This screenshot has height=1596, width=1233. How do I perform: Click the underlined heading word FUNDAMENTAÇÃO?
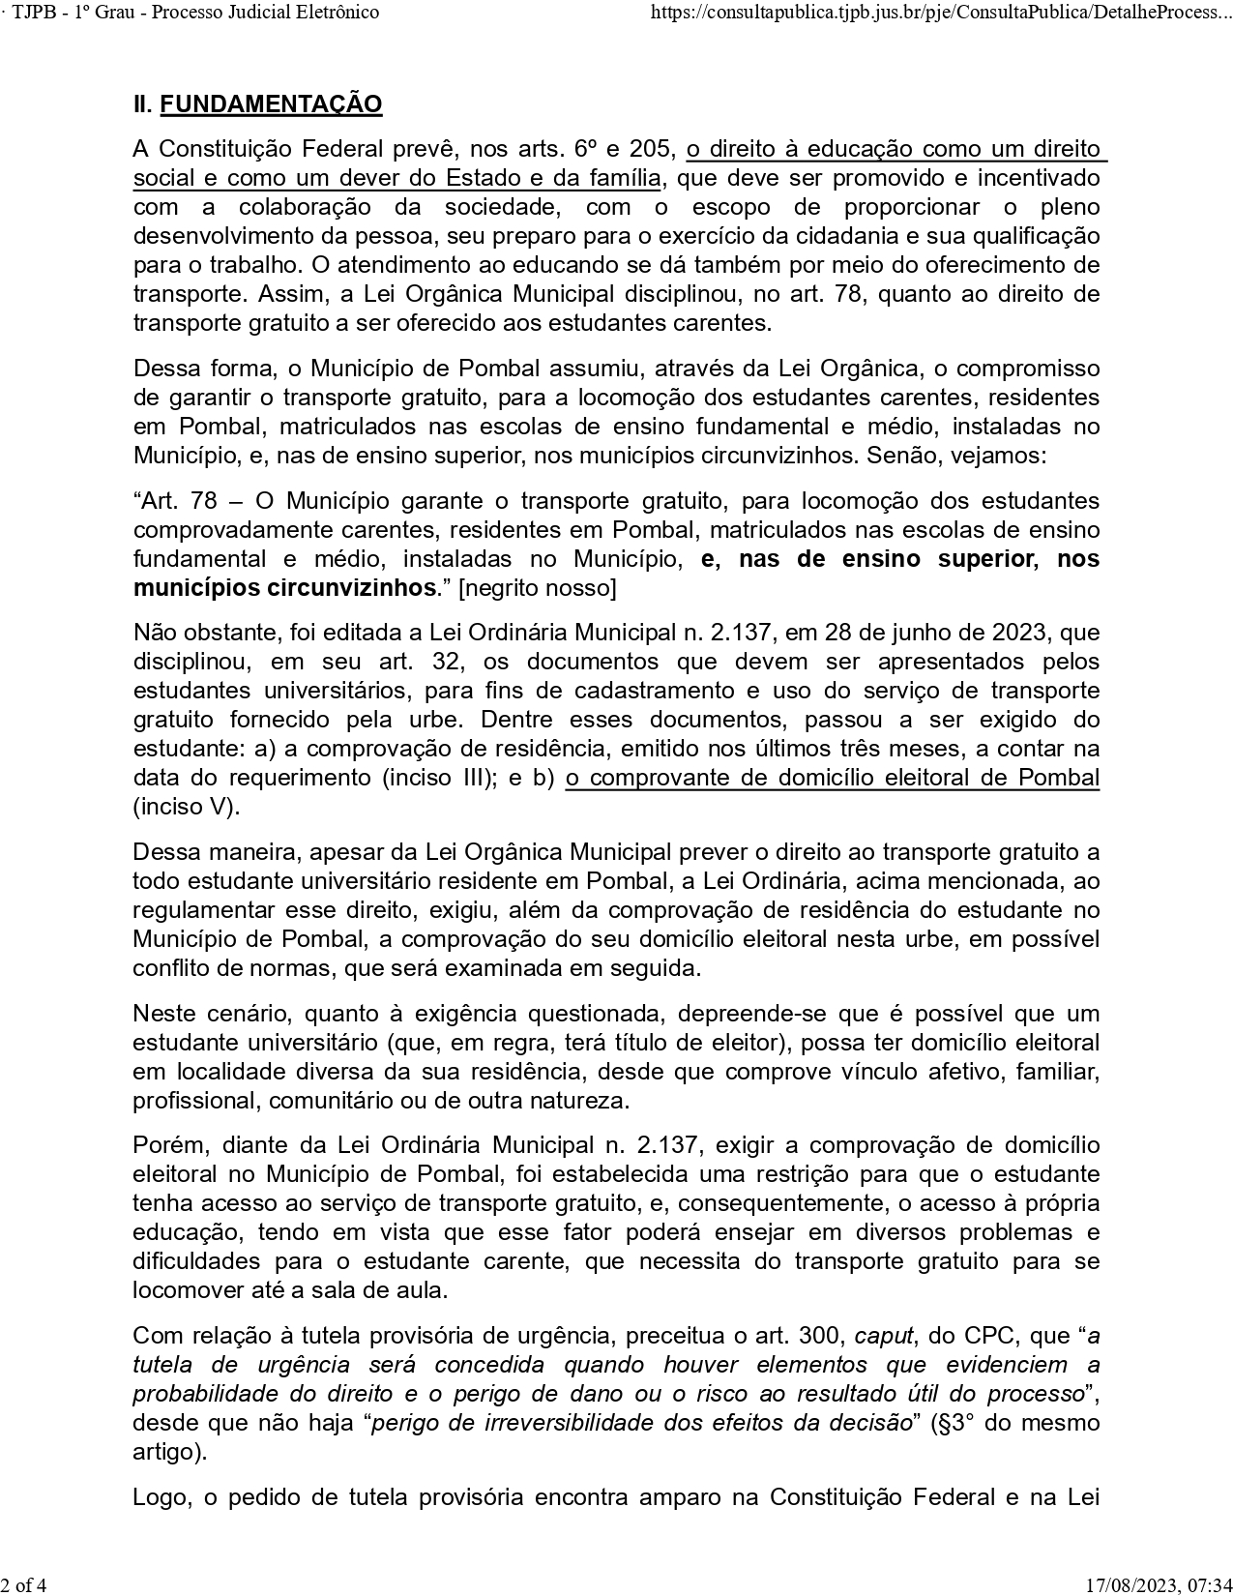coord(271,104)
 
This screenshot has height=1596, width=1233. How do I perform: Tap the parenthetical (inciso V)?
coord(186,807)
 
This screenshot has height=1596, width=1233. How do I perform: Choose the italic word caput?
coord(884,1336)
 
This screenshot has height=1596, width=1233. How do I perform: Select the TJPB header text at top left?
coord(192,13)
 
